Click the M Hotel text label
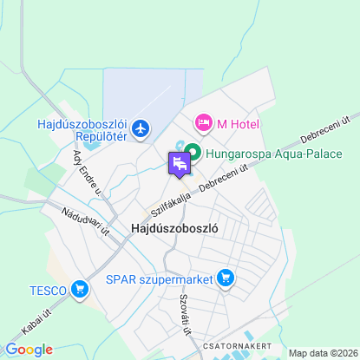point(239,125)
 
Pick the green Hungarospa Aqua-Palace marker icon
point(191,154)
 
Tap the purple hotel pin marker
point(179,163)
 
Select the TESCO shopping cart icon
point(81,289)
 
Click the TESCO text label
point(47,289)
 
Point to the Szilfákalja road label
point(169,205)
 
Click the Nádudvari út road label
point(85,221)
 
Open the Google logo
point(29,350)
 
